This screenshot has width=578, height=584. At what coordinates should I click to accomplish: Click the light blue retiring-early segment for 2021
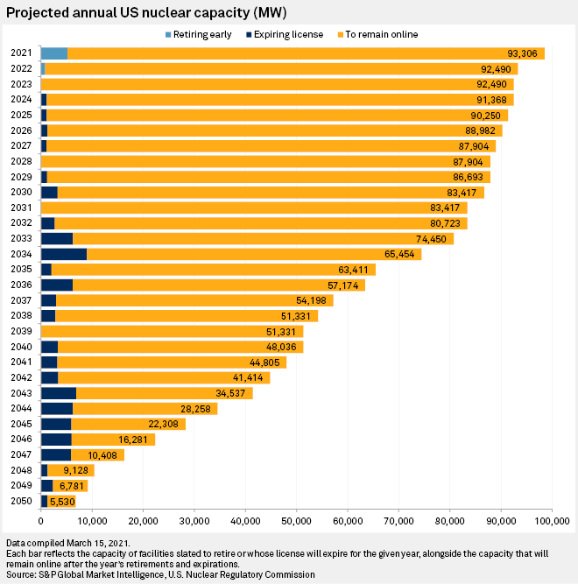[x=54, y=53]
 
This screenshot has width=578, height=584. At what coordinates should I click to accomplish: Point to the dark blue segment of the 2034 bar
[x=64, y=254]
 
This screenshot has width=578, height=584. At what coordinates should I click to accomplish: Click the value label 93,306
[x=525, y=53]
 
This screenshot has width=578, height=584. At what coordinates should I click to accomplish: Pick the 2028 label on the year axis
[x=21, y=161]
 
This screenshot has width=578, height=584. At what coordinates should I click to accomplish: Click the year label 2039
[x=21, y=332]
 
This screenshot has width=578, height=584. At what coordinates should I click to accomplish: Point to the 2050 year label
[x=21, y=501]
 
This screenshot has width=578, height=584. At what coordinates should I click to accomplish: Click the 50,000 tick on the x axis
[x=296, y=522]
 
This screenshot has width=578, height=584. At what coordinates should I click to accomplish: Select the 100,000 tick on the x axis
[x=551, y=522]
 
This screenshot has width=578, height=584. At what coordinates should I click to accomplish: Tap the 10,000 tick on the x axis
[x=92, y=522]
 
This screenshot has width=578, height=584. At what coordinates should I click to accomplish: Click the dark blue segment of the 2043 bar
[x=59, y=393]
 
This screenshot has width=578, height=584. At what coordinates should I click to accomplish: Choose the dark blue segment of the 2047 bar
[x=56, y=454]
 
